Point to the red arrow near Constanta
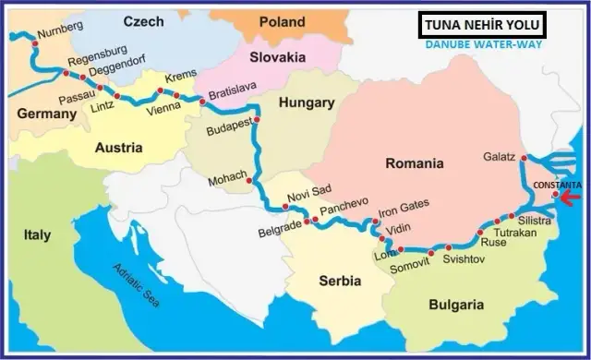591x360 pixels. click(576, 195)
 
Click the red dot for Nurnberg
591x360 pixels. click(34, 41)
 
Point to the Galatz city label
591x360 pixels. click(499, 156)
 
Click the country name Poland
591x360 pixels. click(283, 20)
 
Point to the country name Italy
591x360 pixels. click(37, 235)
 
